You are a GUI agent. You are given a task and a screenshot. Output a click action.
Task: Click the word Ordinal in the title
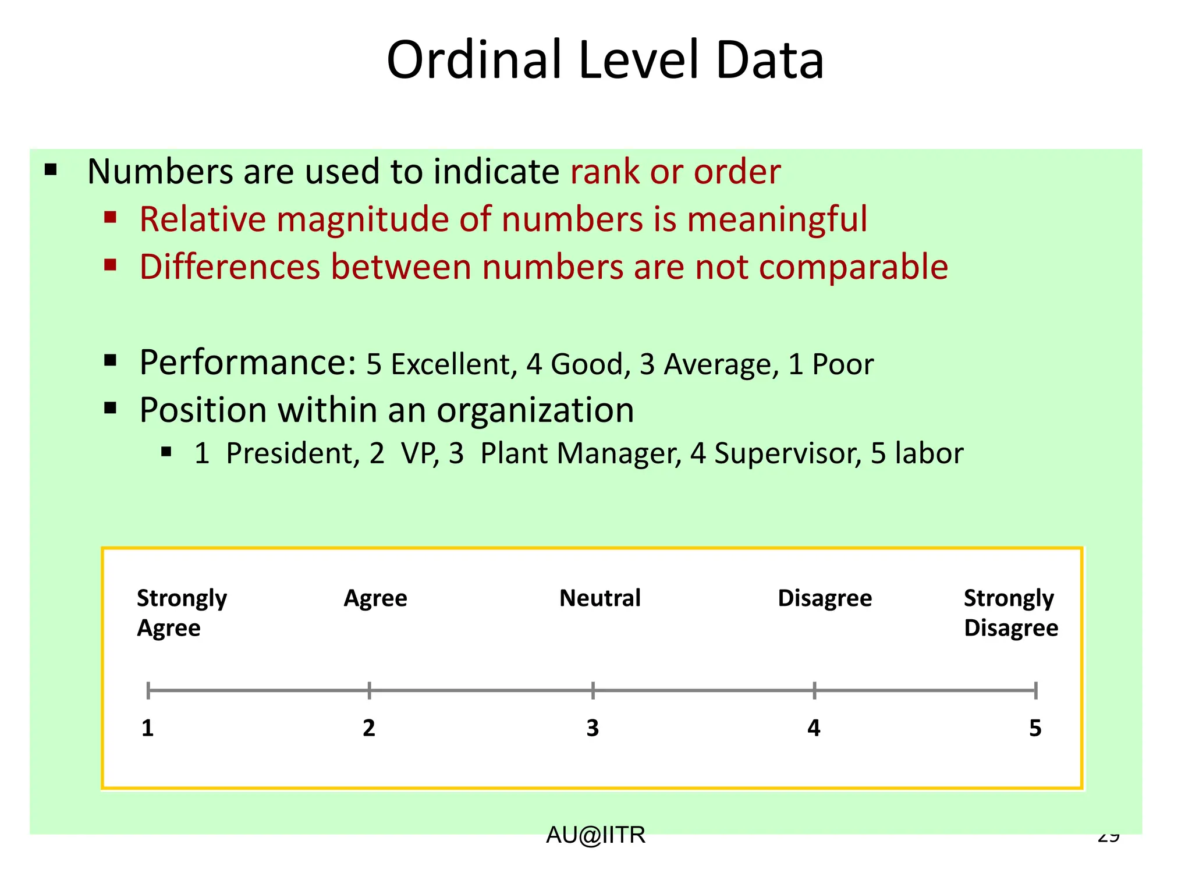(474, 61)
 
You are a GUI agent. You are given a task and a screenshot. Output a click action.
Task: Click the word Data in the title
(769, 61)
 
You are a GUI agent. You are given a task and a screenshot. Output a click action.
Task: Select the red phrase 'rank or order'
(675, 172)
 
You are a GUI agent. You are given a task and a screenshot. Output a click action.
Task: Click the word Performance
(247, 363)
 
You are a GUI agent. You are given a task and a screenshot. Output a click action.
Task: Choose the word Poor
(843, 365)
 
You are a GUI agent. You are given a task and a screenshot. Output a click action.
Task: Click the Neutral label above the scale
(599, 598)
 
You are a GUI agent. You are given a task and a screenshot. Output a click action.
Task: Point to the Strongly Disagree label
(1010, 613)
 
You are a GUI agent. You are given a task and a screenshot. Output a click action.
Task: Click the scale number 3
(593, 728)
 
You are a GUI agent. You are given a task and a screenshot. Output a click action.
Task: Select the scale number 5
(1035, 728)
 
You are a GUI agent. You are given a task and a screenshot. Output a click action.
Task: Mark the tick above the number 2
(369, 691)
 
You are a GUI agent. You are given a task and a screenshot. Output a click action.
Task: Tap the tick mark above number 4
(814, 691)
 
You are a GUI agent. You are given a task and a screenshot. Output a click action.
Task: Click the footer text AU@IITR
(595, 835)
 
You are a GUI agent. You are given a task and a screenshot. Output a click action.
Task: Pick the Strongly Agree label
(182, 613)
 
